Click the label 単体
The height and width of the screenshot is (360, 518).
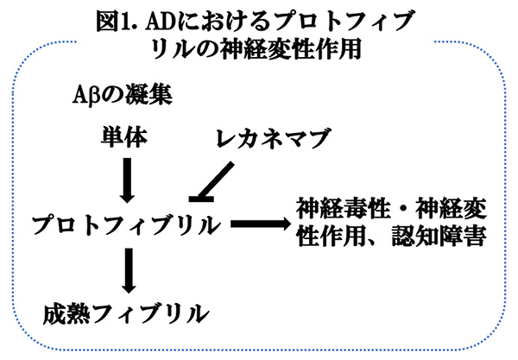pyautogui.click(x=128, y=136)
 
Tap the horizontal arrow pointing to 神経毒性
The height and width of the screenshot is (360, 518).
pyautogui.click(x=258, y=225)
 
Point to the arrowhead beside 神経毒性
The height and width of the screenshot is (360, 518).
pyautogui.click(x=278, y=225)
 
